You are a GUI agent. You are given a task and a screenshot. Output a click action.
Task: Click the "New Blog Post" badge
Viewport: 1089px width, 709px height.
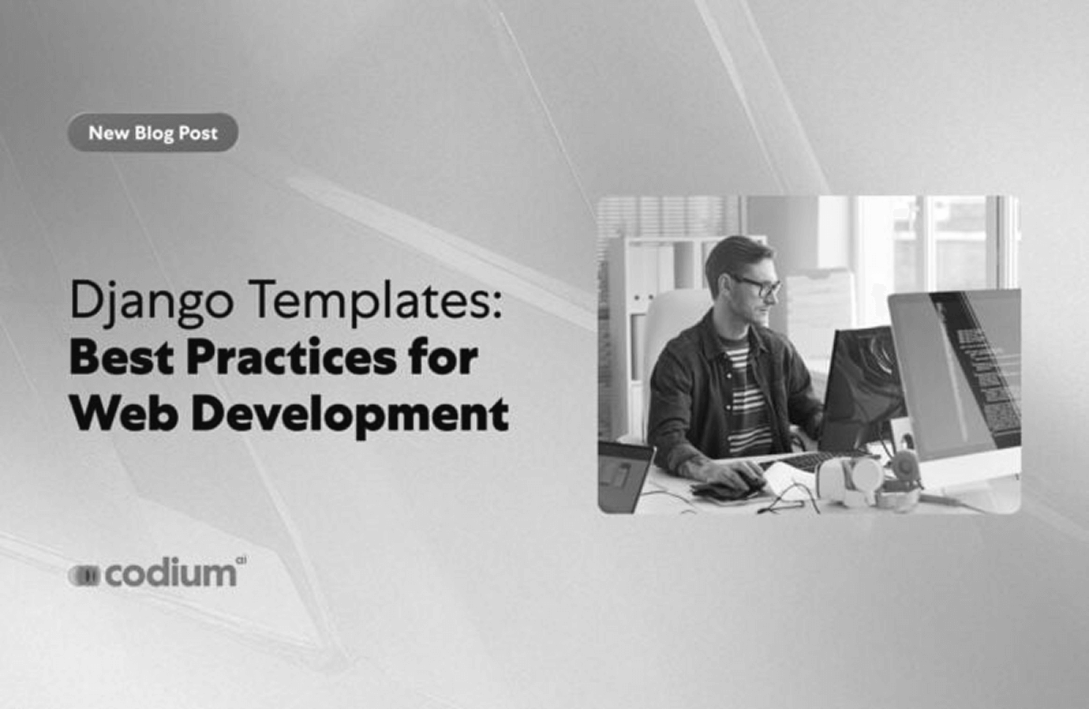[x=152, y=133]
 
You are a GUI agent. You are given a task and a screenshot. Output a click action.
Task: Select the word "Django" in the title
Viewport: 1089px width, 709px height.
[x=152, y=302]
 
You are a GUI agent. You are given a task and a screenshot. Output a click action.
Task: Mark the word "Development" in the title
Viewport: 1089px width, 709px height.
[x=350, y=416]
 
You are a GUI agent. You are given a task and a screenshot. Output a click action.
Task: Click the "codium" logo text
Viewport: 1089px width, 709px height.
[x=171, y=574]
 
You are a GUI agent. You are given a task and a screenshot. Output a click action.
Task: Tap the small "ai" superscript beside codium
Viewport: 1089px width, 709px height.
[x=241, y=560]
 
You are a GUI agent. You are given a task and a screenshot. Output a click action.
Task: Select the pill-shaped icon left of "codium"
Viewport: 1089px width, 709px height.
[x=84, y=576]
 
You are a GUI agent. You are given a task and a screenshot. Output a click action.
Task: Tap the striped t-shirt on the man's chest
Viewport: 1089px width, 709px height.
[x=747, y=394]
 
